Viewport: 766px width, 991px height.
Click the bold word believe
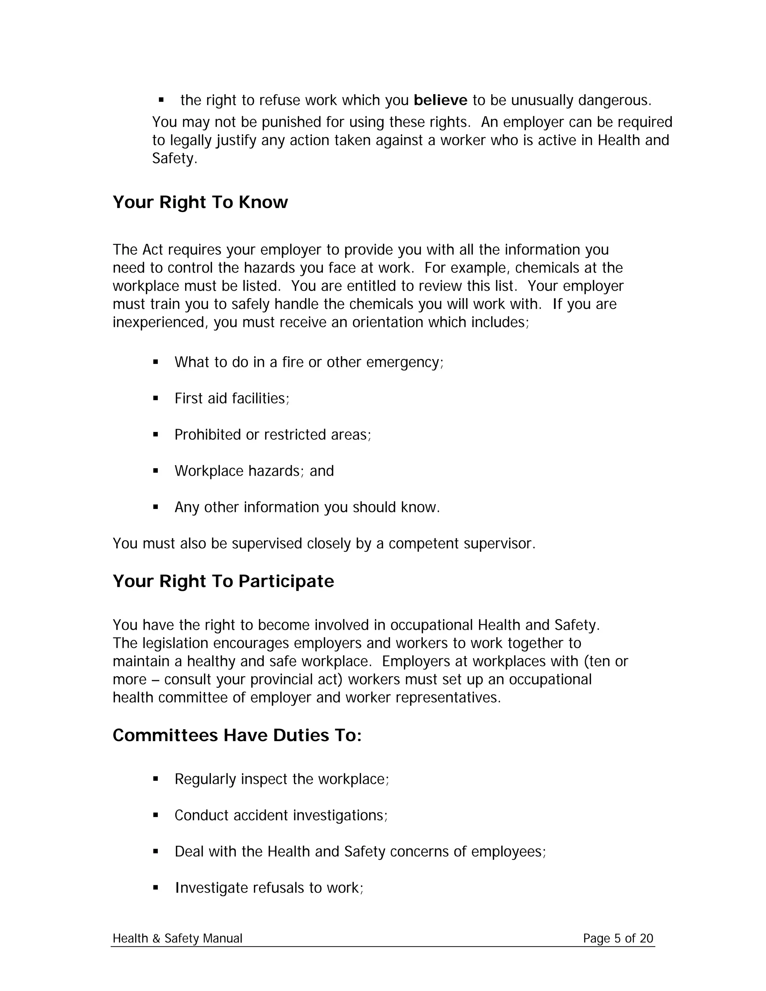click(x=440, y=100)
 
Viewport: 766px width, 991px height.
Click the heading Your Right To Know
click(x=200, y=202)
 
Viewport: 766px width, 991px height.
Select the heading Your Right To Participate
click(x=223, y=581)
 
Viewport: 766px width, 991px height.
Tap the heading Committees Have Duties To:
click(x=237, y=736)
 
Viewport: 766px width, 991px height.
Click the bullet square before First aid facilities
click(x=156, y=398)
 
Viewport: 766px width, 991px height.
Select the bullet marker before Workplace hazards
click(x=156, y=471)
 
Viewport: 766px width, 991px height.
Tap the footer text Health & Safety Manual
click(x=177, y=938)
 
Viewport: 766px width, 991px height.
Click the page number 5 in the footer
click(x=617, y=938)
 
